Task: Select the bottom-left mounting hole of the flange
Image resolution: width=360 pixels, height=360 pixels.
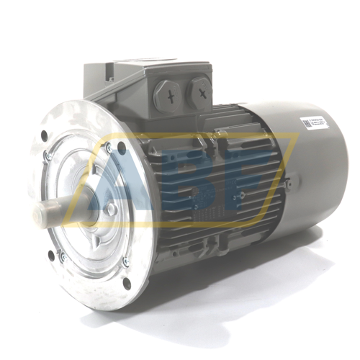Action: tap(51, 253)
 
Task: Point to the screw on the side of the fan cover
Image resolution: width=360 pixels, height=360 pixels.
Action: tap(288, 184)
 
